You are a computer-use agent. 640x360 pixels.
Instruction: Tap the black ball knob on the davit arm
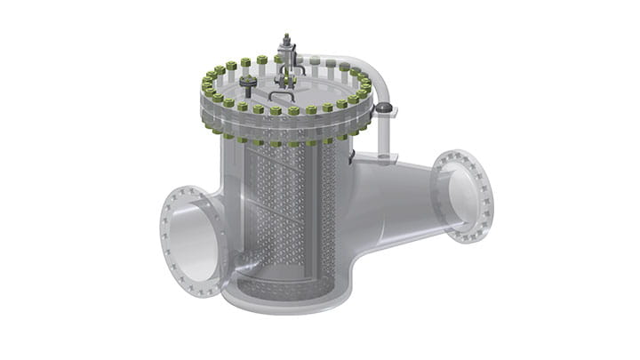click(x=384, y=108)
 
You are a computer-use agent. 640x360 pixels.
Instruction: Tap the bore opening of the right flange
click(x=464, y=196)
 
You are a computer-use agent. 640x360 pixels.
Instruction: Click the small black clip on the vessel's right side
click(x=353, y=157)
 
